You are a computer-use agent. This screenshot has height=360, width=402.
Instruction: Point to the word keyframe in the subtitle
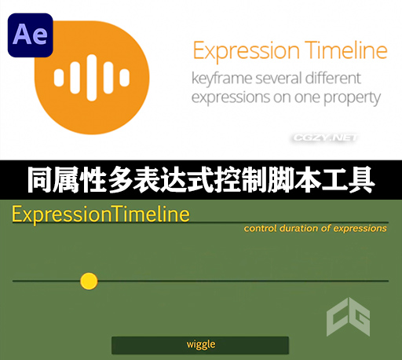[x=228, y=79]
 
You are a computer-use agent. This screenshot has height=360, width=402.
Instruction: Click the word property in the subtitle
[x=353, y=98]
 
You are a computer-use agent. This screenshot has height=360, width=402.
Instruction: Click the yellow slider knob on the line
[x=89, y=281]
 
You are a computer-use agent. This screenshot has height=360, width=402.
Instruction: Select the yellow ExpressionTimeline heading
[x=100, y=215]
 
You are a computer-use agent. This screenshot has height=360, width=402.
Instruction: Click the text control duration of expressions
[x=315, y=229]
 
